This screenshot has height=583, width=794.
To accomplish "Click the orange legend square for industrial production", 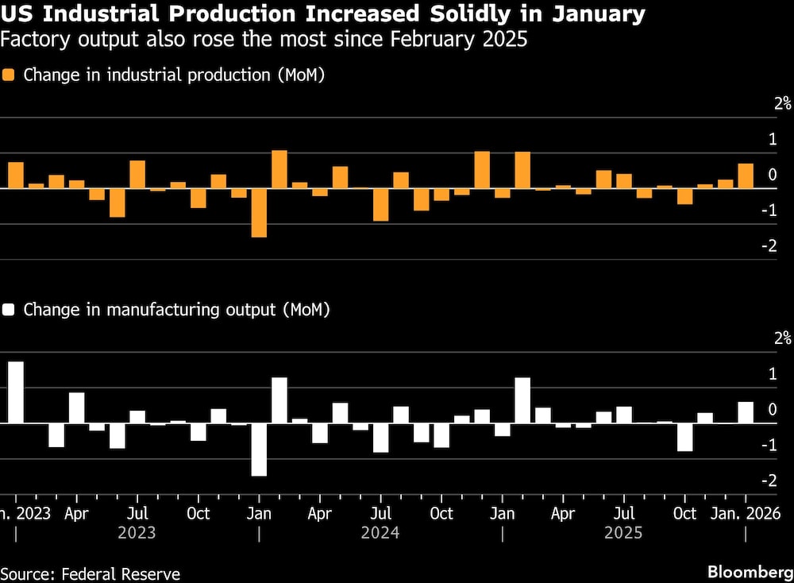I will (x=9, y=75).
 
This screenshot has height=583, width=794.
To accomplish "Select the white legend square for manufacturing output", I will (x=9, y=310).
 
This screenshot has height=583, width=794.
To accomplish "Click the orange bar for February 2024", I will (x=279, y=169).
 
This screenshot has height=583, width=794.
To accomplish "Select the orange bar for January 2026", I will (x=746, y=176).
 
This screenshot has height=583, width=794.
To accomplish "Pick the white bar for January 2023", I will (x=16, y=392).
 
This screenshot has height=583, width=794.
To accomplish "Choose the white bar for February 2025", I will (x=522, y=400).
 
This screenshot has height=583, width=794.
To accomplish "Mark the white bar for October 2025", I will (x=684, y=437).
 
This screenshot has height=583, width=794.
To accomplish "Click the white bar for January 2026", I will (x=746, y=413).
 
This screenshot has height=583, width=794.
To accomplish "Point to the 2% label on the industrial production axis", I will (x=783, y=102).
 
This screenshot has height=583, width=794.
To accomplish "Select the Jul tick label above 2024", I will (x=381, y=513).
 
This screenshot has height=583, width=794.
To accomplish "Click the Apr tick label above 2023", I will (x=76, y=513).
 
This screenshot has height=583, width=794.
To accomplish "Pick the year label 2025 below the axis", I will (x=624, y=533).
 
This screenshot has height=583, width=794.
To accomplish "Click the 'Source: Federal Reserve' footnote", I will (x=91, y=573).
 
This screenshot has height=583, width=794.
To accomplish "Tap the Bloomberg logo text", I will (x=750, y=573).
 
